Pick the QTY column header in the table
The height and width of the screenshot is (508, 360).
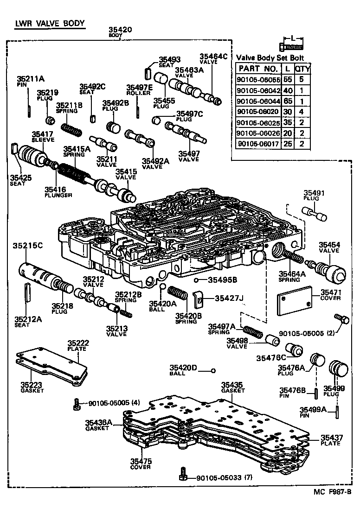(x=303, y=69)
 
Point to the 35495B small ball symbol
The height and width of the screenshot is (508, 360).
(x=197, y=279)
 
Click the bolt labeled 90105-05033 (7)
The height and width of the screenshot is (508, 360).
(x=183, y=474)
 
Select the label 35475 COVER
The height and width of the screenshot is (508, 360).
(x=140, y=464)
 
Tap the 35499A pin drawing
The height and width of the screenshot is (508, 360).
(x=336, y=410)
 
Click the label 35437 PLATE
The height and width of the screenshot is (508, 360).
(x=330, y=440)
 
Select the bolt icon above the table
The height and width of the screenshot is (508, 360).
(x=291, y=46)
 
